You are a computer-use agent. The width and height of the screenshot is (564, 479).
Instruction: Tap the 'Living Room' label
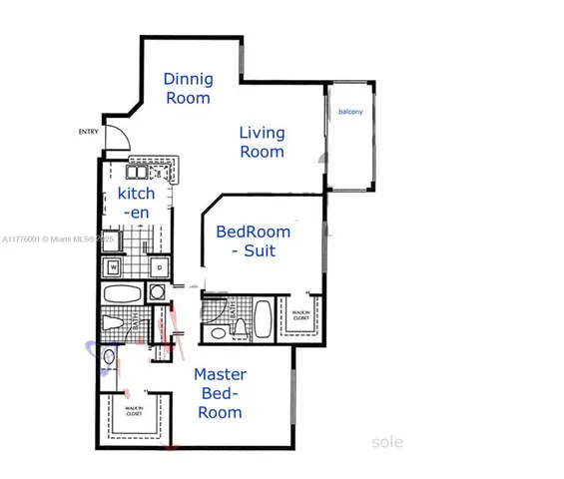tap(262, 143)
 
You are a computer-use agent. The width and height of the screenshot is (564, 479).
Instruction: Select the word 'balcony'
tap(349, 112)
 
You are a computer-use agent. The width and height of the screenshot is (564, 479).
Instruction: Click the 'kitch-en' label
tap(137, 203)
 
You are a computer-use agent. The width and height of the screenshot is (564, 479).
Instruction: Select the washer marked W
tap(114, 267)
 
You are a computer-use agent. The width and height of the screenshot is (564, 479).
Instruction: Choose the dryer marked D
tap(158, 267)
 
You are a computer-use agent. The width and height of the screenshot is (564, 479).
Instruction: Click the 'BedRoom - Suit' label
tap(254, 241)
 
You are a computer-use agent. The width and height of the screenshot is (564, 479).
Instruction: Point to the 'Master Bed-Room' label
tap(220, 392)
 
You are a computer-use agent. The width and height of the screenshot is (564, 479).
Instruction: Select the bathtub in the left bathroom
tap(124, 294)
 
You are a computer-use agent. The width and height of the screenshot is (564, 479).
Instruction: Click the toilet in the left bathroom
tap(113, 324)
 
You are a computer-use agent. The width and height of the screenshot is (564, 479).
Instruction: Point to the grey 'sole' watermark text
tap(387, 440)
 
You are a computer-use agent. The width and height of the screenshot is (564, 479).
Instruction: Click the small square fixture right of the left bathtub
tap(157, 292)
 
